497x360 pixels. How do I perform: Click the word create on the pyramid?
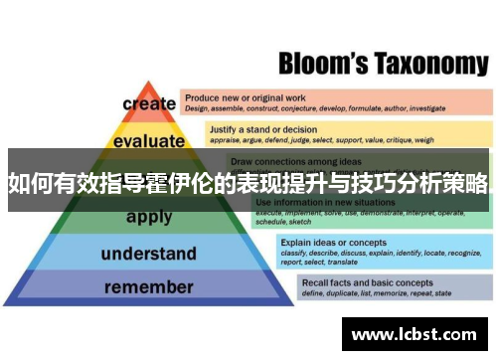tap(149, 104)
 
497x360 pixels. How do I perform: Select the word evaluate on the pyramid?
tap(149, 141)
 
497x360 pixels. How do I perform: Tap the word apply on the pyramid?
tap(149, 217)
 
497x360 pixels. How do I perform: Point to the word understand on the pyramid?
tap(149, 254)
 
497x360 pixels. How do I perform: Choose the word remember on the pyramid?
tap(149, 287)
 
